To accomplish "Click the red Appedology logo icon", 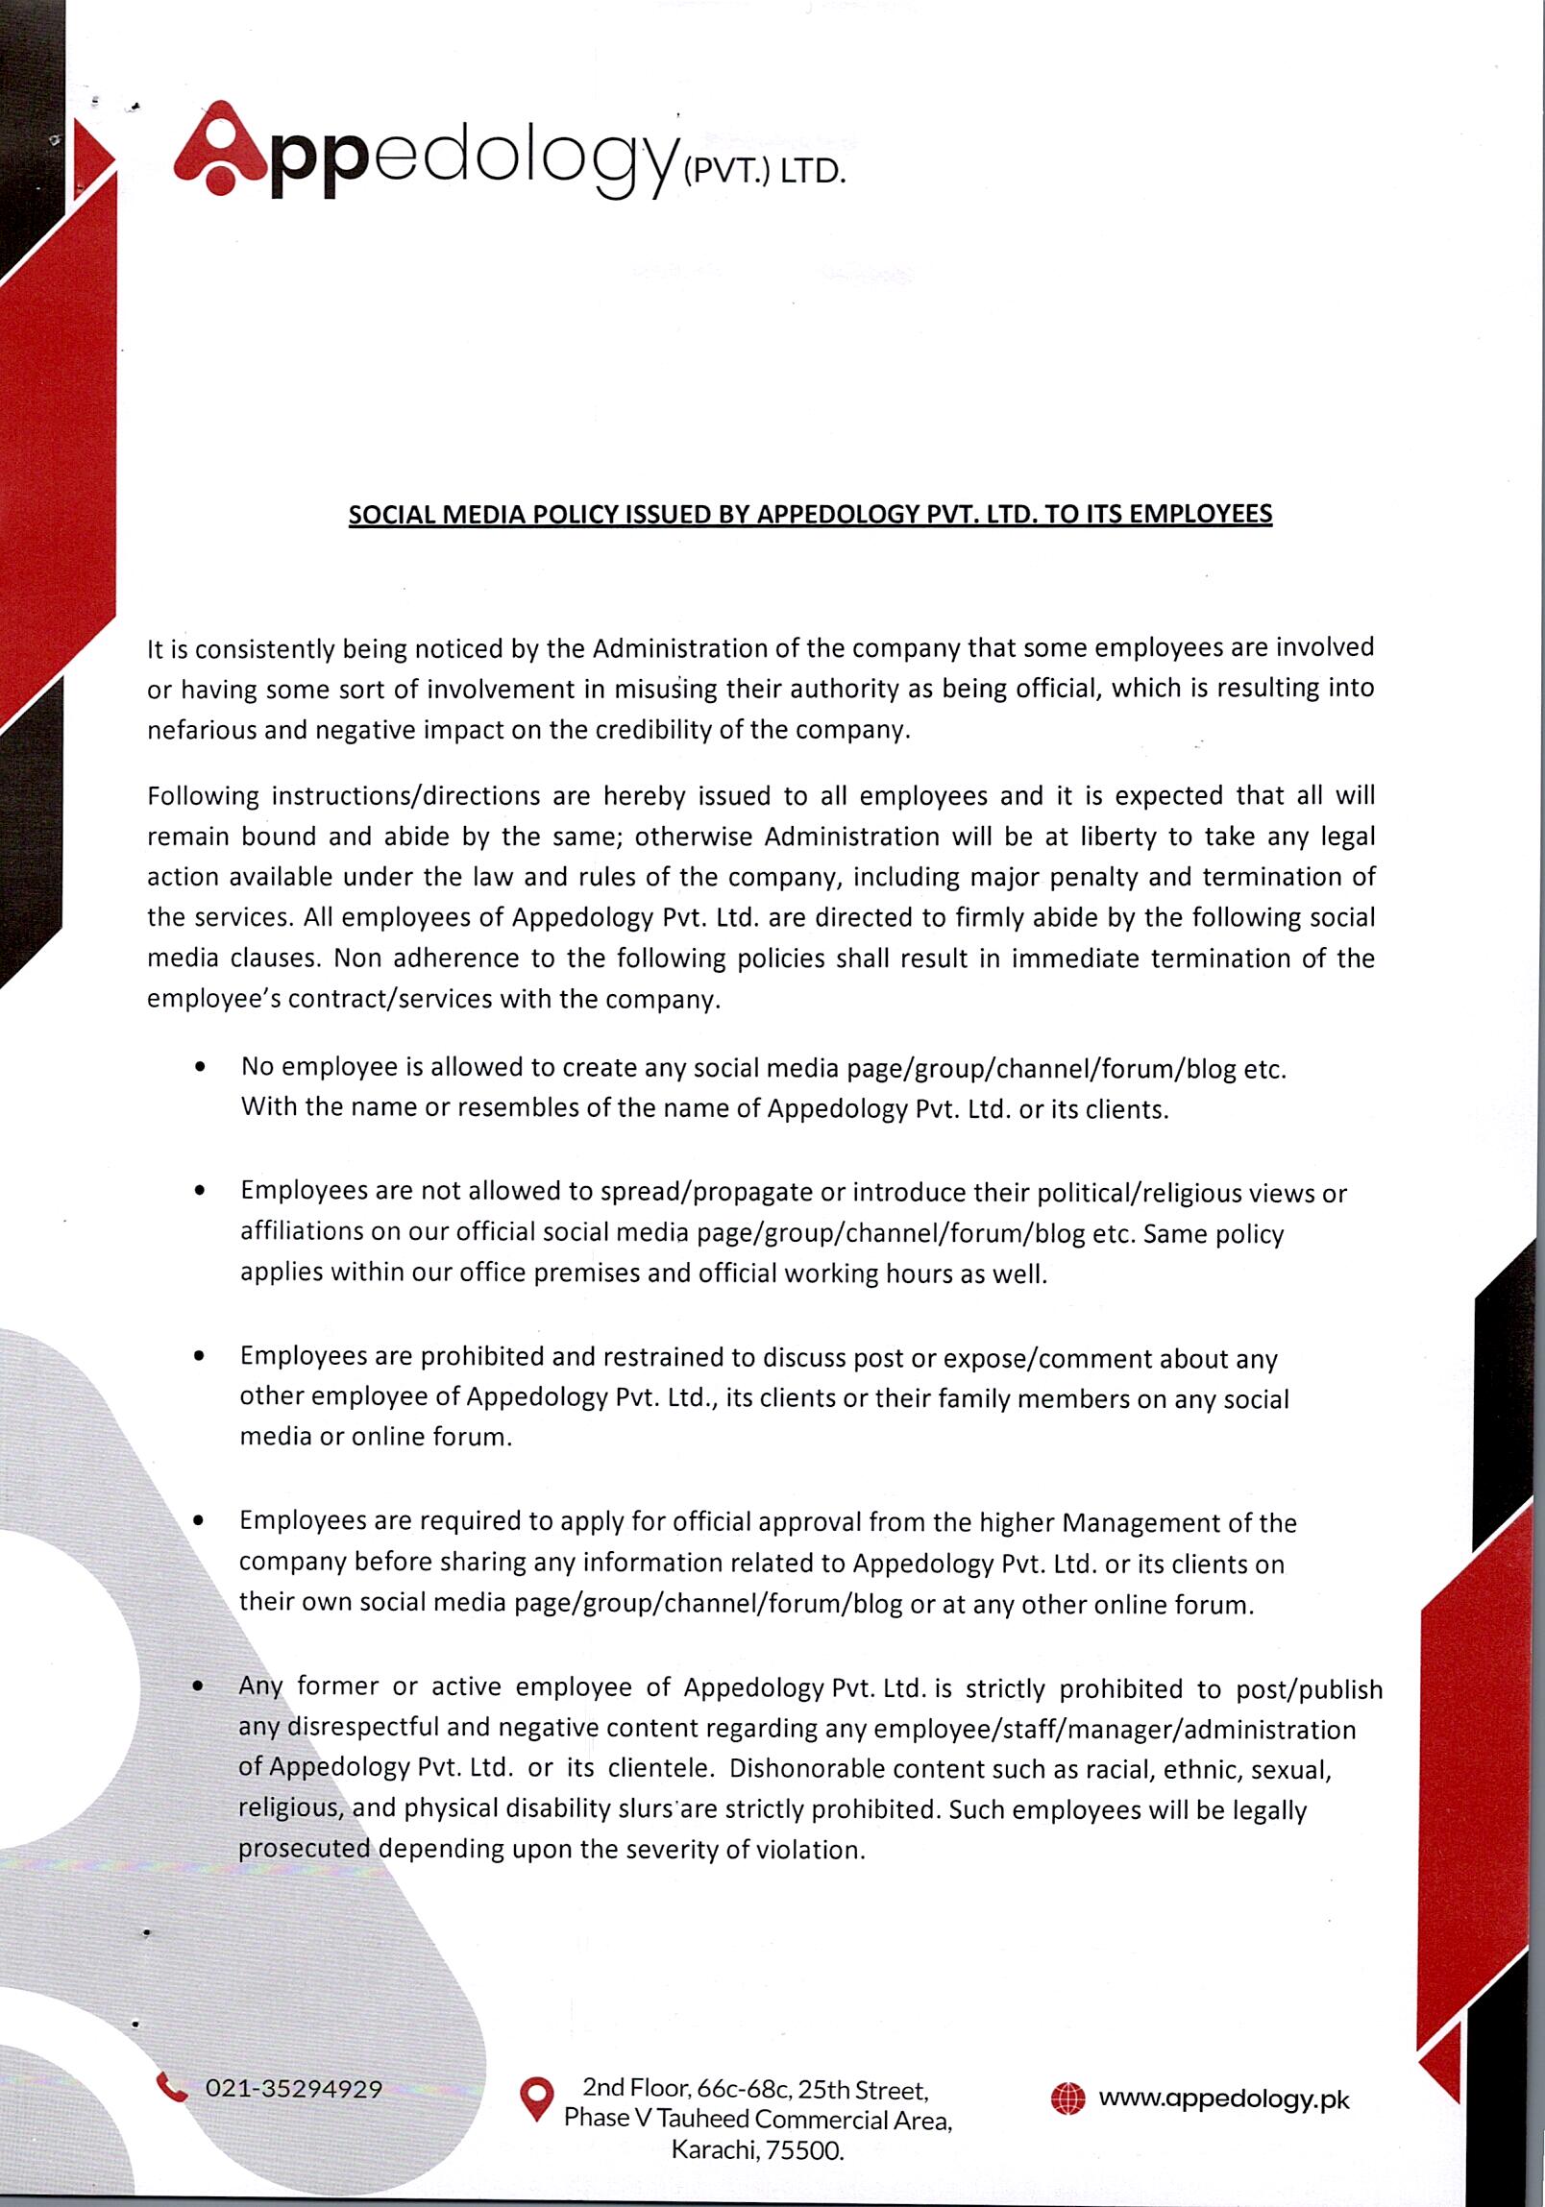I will click(x=220, y=150).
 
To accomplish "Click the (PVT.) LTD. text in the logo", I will click(x=763, y=173).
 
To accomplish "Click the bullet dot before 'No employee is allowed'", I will click(x=199, y=1067).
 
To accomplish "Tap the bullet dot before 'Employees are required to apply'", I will click(x=198, y=1520).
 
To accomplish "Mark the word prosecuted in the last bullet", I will click(x=304, y=1849).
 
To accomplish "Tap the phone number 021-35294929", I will click(x=293, y=2089).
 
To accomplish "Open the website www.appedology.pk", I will click(x=1223, y=2098).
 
